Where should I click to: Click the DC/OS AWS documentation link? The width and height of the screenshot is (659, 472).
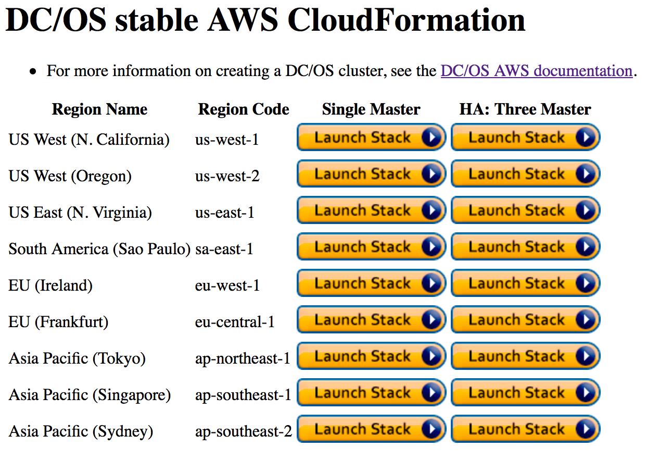pyautogui.click(x=536, y=71)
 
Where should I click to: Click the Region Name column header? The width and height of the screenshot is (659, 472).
pyautogui.click(x=100, y=109)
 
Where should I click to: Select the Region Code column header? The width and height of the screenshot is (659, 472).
pyautogui.click(x=244, y=109)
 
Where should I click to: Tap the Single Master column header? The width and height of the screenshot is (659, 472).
pyautogui.click(x=371, y=109)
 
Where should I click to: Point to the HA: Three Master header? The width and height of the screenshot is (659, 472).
pyautogui.click(x=525, y=109)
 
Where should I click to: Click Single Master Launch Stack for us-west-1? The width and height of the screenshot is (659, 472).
pyautogui.click(x=371, y=137)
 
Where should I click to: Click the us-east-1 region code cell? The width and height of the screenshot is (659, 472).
pyautogui.click(x=225, y=213)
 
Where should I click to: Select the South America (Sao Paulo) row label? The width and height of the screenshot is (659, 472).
pyautogui.click(x=99, y=249)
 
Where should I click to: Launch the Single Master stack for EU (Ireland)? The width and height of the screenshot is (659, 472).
pyautogui.click(x=371, y=283)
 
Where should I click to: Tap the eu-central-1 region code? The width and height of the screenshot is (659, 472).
pyautogui.click(x=235, y=322)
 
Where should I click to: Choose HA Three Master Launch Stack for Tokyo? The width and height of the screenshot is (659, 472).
pyautogui.click(x=525, y=356)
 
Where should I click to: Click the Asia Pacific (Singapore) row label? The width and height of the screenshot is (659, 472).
pyautogui.click(x=90, y=395)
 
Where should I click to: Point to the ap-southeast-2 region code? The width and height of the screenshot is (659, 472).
pyautogui.click(x=244, y=431)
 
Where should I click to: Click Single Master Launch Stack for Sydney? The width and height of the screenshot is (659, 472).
pyautogui.click(x=371, y=429)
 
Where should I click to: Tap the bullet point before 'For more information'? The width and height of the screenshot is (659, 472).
pyautogui.click(x=33, y=71)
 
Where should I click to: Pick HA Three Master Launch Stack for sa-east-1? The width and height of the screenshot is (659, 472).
pyautogui.click(x=525, y=247)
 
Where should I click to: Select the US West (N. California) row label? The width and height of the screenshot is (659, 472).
pyautogui.click(x=89, y=140)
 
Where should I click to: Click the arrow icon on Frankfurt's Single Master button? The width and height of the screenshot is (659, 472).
pyautogui.click(x=432, y=319)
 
